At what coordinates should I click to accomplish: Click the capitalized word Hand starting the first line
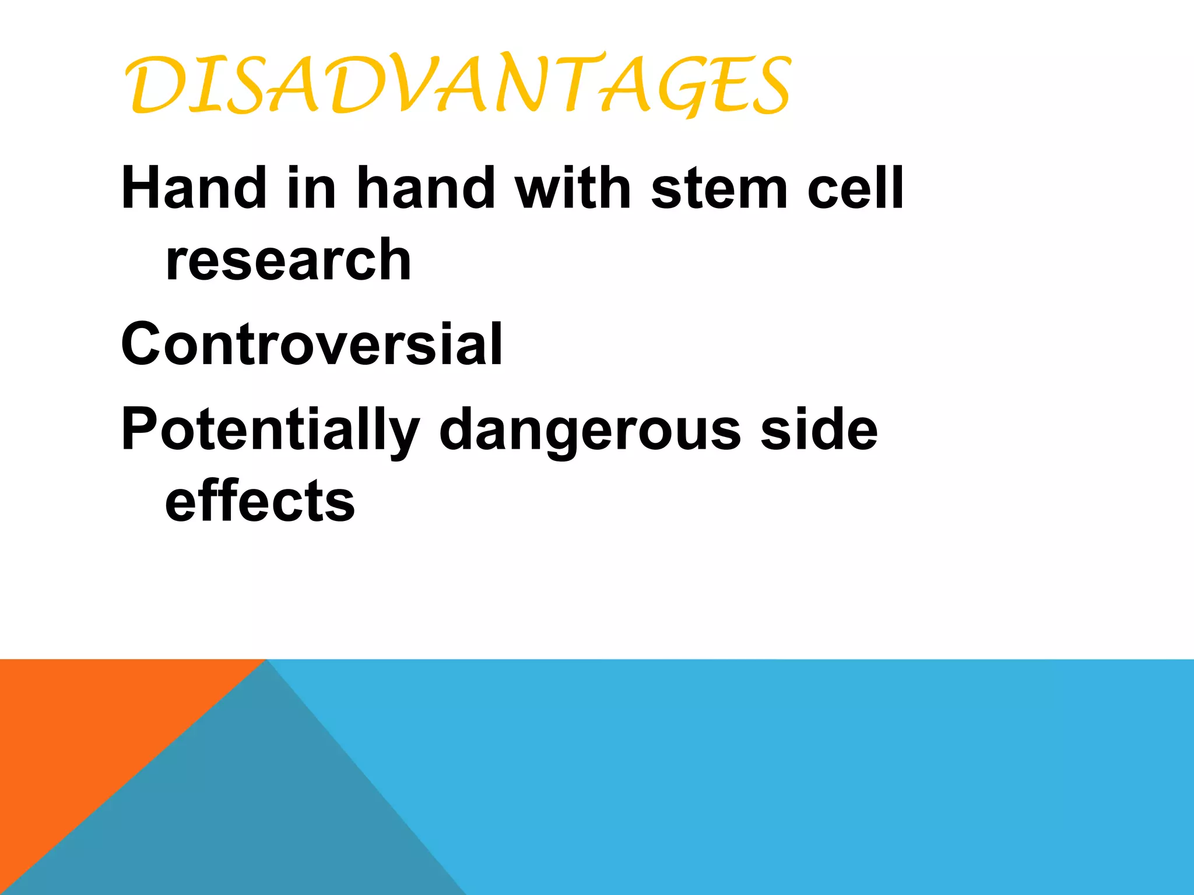(x=192, y=188)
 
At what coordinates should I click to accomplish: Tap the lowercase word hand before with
(x=426, y=188)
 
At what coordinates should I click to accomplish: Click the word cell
(x=855, y=188)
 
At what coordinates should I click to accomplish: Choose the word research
(x=289, y=261)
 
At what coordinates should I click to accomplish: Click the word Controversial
(x=312, y=344)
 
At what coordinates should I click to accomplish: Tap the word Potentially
(x=270, y=430)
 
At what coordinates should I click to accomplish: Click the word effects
(x=260, y=501)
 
